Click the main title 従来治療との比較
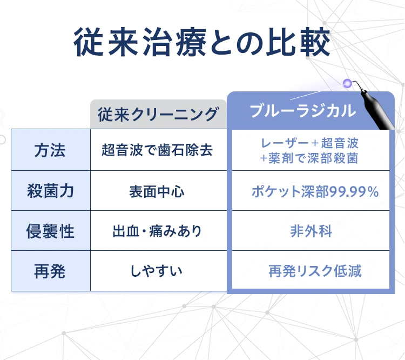click(x=202, y=42)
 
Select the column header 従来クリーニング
click(x=158, y=114)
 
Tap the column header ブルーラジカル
click(x=303, y=111)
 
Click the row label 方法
click(x=50, y=150)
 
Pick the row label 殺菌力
click(x=51, y=191)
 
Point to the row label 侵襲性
click(x=51, y=231)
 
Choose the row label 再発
click(x=50, y=271)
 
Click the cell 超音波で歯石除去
click(x=157, y=150)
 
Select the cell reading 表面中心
click(x=157, y=192)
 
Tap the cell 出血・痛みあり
click(x=157, y=231)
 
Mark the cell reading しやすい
click(x=157, y=271)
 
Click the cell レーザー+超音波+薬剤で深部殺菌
click(x=309, y=151)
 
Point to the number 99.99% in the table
click(x=354, y=192)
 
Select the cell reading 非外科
click(x=311, y=231)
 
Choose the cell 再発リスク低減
click(x=315, y=271)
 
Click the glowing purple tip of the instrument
click(x=347, y=83)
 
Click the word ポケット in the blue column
click(x=276, y=192)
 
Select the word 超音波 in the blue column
click(x=340, y=143)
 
